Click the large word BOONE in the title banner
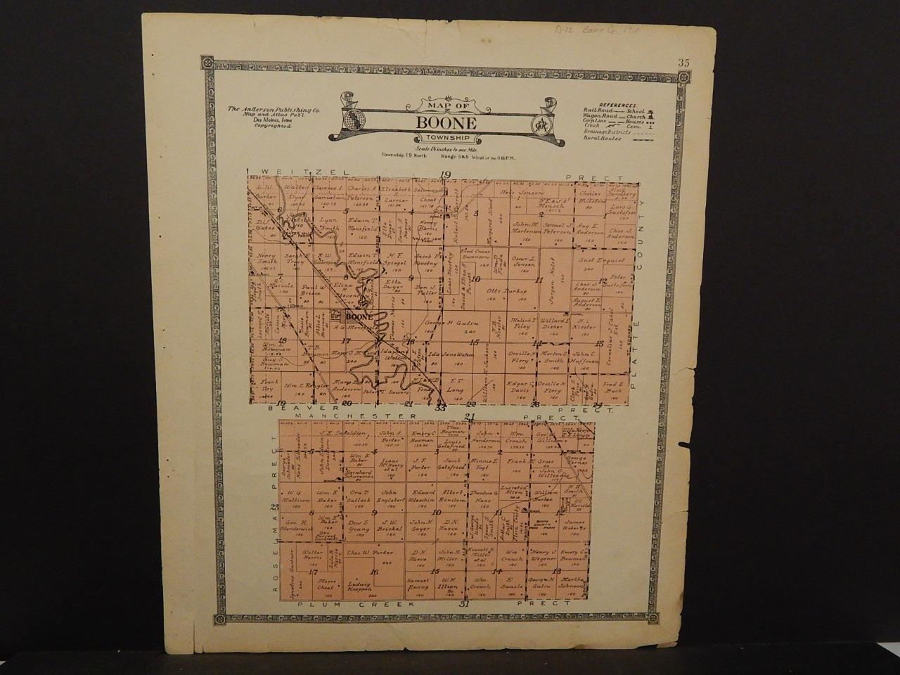pyautogui.click(x=446, y=122)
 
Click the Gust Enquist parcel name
pyautogui.click(x=597, y=260)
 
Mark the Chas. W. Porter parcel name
pyautogui.click(x=368, y=552)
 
